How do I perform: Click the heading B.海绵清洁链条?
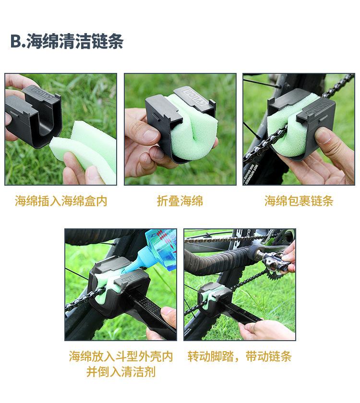click(67, 42)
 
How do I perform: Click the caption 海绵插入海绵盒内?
click(61, 201)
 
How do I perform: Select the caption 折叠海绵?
click(180, 201)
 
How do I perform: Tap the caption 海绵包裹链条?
click(299, 201)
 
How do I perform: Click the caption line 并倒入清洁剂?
click(120, 372)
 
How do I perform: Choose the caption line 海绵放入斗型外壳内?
click(120, 356)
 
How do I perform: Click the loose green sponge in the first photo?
click(86, 144)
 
